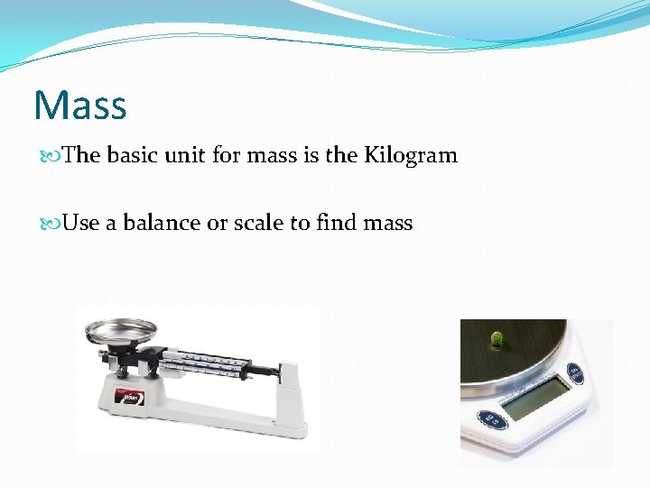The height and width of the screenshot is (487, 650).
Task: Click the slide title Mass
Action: tap(80, 106)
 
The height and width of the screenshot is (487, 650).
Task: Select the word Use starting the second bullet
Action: tap(81, 223)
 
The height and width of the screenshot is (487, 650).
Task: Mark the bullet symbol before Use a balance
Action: tap(54, 224)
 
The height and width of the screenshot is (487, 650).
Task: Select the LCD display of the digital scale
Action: tap(536, 397)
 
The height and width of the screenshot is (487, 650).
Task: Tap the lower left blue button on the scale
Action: tap(490, 419)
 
